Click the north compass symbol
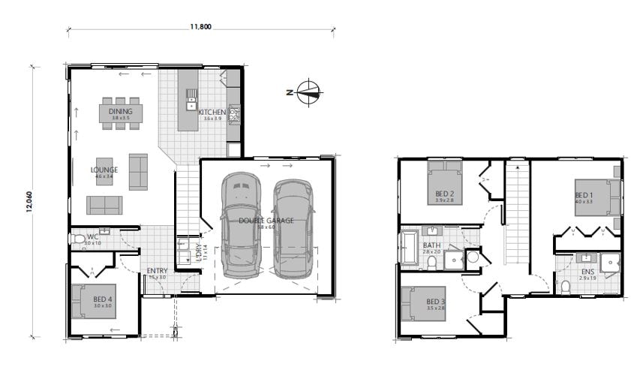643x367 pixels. tap(308, 92)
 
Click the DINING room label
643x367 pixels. tap(120, 111)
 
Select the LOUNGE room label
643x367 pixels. tap(104, 170)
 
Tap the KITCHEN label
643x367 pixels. tap(212, 113)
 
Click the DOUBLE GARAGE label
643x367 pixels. tap(266, 221)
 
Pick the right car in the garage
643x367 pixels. tap(292, 227)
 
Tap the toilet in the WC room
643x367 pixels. tap(79, 239)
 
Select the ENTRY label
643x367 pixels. tap(157, 271)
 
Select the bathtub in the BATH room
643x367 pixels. tap(410, 248)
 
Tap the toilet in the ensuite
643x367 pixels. tap(566, 287)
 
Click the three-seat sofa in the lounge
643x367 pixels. tap(104, 205)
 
